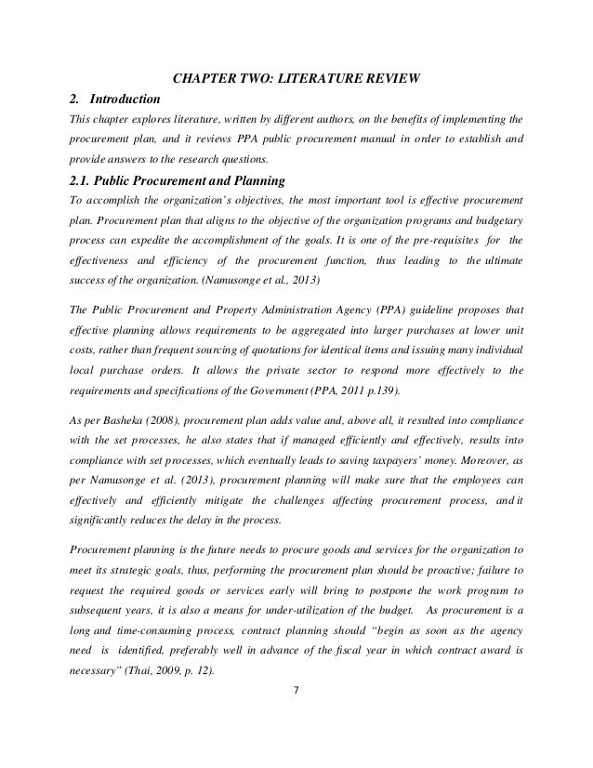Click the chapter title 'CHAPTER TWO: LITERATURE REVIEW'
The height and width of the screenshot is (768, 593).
[x=296, y=76]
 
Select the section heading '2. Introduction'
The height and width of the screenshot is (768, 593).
[x=115, y=99]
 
